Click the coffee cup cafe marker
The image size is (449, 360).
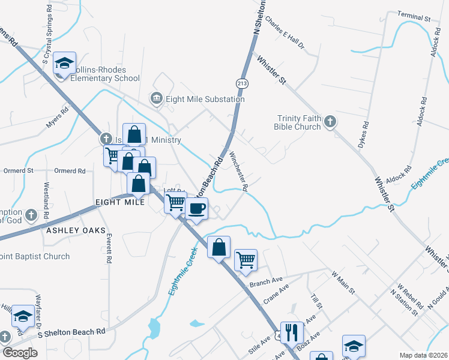[x=197, y=209]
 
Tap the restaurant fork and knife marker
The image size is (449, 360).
[x=291, y=332]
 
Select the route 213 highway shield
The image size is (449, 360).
[x=243, y=83]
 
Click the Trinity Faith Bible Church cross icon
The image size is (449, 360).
[x=330, y=123]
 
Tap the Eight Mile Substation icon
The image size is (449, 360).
[x=157, y=98]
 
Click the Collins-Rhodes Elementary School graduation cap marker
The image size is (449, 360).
[x=64, y=63]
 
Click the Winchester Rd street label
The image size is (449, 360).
[x=238, y=171]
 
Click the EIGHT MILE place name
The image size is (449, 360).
[x=119, y=203]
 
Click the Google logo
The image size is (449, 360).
[x=20, y=353]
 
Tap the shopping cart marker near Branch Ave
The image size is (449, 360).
[x=246, y=260]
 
